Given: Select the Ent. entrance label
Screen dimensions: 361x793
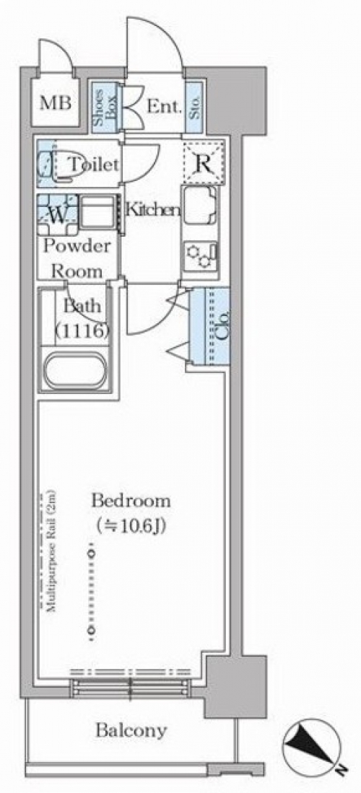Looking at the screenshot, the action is click(x=164, y=107).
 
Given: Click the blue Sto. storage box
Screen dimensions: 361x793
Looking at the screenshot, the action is click(x=194, y=107).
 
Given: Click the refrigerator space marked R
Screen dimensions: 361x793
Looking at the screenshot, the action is click(x=202, y=164).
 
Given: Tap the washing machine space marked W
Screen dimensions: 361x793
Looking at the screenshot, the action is click(x=58, y=214).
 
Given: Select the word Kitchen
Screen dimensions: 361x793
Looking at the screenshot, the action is click(x=152, y=209).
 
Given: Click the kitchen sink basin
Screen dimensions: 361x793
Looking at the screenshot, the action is click(x=199, y=207).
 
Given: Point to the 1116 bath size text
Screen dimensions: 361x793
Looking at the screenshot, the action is click(x=82, y=330).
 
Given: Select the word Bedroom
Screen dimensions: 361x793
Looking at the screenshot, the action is click(x=131, y=501).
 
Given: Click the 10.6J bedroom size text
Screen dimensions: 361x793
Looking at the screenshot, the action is click(x=131, y=527).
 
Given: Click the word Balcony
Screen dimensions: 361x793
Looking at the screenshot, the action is click(x=131, y=730).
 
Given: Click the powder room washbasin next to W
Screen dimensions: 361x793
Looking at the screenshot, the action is click(x=98, y=214).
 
